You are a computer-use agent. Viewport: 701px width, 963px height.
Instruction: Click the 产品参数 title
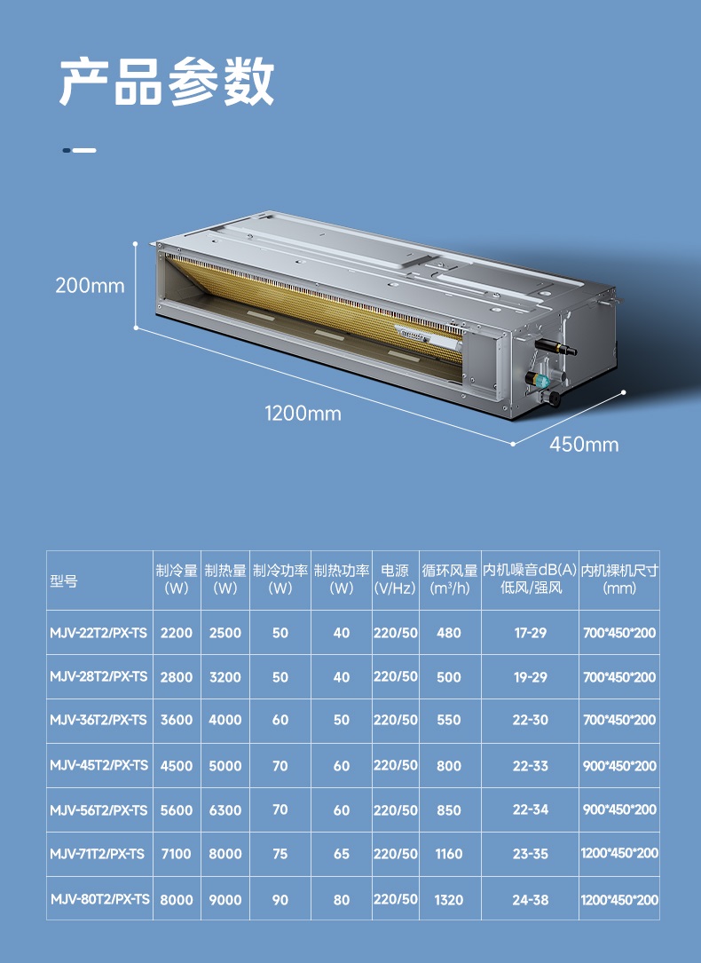tap(166, 82)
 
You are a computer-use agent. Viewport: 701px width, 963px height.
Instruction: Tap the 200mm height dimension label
tap(90, 286)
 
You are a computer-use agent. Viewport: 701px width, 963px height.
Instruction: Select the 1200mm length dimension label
tap(303, 414)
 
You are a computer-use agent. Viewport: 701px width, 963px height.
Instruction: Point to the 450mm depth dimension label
tap(584, 444)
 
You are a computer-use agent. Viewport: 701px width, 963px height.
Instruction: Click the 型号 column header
tap(64, 581)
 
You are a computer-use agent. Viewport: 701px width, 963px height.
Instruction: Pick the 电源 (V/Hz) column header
tap(395, 580)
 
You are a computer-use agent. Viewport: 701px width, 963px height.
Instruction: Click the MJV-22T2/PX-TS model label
tap(98, 633)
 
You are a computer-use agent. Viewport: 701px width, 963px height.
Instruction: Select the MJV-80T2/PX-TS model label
tap(100, 899)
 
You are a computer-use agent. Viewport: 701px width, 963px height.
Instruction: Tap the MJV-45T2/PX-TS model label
tap(99, 765)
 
